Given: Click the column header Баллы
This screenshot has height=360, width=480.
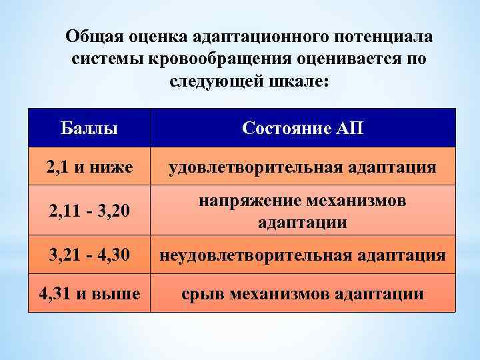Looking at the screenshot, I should point(89,127).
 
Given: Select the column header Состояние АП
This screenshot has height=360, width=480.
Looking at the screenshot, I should point(303,127).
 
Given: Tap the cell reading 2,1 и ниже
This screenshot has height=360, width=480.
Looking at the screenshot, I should point(89,167).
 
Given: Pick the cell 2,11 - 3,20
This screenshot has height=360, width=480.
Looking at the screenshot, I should point(89,212).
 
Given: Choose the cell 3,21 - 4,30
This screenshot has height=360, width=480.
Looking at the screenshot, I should point(89,255).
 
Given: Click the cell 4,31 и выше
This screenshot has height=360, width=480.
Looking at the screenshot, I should point(89,293).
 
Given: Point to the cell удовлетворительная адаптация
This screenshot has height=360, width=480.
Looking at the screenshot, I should point(303,167).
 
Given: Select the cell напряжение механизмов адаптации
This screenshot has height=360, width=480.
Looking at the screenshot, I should point(303,212).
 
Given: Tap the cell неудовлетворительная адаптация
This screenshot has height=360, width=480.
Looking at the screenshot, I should point(303,255).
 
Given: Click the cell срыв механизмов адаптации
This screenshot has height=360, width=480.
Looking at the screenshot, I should point(303,293).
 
